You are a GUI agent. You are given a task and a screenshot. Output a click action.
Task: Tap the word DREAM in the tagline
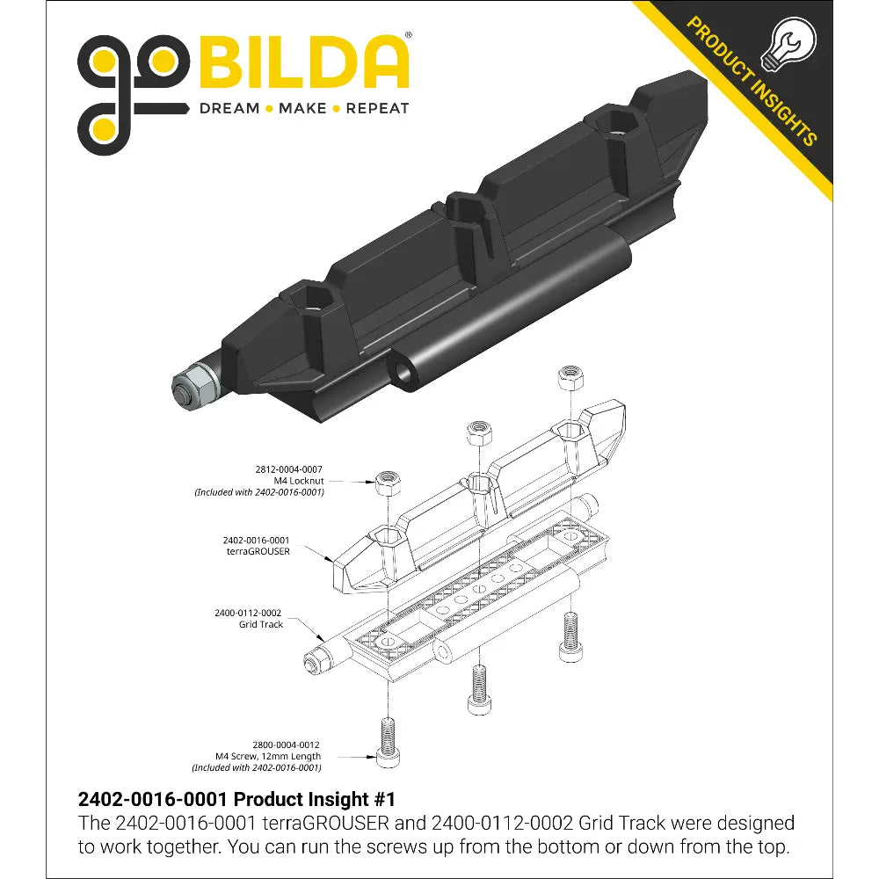pos(229,108)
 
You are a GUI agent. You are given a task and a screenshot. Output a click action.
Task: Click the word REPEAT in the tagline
pos(377,108)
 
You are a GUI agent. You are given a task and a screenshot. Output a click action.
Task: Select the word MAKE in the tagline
pos(302,108)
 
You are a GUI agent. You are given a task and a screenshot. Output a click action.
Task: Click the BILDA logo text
pos(302,62)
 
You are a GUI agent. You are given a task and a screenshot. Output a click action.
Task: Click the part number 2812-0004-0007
pos(288,469)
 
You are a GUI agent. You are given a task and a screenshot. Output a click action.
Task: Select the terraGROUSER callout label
pos(258,551)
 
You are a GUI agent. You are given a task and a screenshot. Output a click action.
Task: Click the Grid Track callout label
pos(261,624)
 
